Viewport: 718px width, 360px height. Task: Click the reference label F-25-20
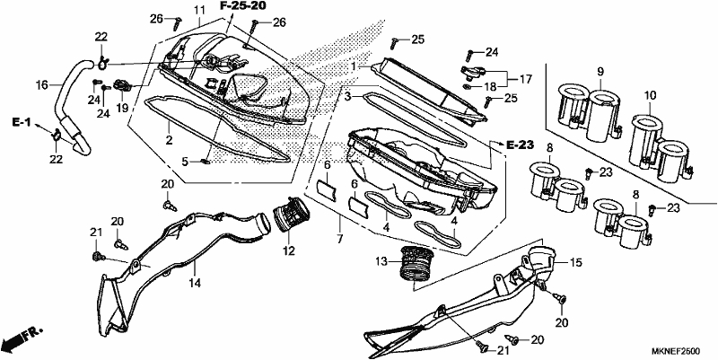pos(242,6)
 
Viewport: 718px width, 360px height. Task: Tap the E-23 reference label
pos(521,145)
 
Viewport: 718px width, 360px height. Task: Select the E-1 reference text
pos(21,122)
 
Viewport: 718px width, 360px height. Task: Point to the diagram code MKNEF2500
pos(676,351)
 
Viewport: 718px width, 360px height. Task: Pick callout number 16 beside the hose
pos(42,84)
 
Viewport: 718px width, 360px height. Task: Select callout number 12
pos(289,250)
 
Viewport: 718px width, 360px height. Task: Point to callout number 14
pos(195,283)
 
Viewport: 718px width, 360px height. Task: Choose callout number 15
pos(575,263)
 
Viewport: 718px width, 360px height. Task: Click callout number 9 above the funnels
pos(600,72)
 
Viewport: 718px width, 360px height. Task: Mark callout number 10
pos(650,96)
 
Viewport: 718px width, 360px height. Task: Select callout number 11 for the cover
pos(198,10)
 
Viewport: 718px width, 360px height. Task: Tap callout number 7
pos(339,239)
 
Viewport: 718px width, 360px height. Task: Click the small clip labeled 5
pos(206,162)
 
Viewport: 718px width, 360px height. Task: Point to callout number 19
pos(122,108)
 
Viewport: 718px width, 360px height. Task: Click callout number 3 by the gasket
pos(348,97)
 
